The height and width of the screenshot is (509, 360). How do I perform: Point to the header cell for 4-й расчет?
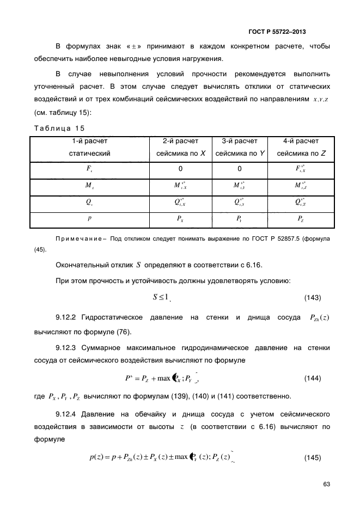[301, 147]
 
